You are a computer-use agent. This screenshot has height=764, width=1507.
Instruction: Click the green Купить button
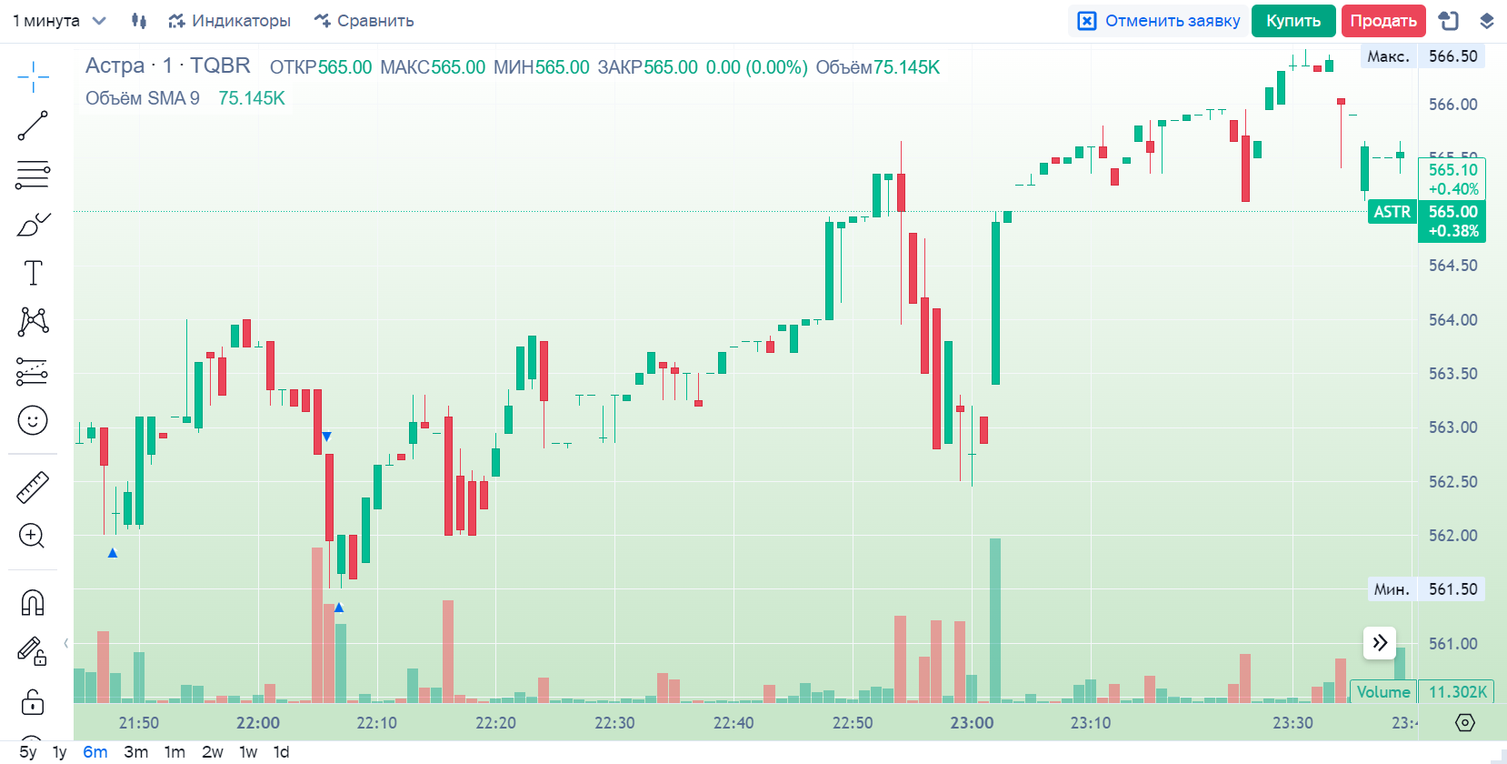[x=1292, y=21]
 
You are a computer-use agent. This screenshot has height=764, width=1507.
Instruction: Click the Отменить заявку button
[x=1159, y=21]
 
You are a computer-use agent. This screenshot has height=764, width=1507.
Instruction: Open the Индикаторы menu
[x=229, y=21]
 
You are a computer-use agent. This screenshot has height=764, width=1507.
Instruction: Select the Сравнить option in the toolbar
[x=364, y=21]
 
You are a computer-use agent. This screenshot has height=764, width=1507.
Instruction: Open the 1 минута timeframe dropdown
[x=59, y=21]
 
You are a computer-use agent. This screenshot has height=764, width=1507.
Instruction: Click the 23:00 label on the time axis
[x=972, y=723]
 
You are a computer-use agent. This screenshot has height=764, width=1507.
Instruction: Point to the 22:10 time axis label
[x=376, y=723]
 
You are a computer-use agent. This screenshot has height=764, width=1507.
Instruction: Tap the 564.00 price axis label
[x=1452, y=320]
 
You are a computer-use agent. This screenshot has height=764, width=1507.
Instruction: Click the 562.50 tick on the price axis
[x=1452, y=482]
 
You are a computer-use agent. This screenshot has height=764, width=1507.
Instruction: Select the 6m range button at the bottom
[x=95, y=752]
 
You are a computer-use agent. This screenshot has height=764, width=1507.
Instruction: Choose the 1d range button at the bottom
[x=282, y=752]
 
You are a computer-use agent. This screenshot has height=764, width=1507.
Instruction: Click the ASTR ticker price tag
[x=1392, y=212]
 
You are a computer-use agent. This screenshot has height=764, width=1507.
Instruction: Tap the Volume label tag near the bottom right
[x=1382, y=692]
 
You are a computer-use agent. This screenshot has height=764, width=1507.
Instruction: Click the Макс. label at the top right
[x=1388, y=56]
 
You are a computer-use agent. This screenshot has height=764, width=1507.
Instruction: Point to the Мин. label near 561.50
[x=1392, y=589]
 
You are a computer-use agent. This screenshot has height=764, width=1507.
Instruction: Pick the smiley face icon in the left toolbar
[x=33, y=420]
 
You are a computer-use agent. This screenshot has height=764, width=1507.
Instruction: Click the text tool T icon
[x=33, y=273]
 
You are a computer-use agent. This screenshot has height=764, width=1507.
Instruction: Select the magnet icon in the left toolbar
[x=33, y=603]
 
